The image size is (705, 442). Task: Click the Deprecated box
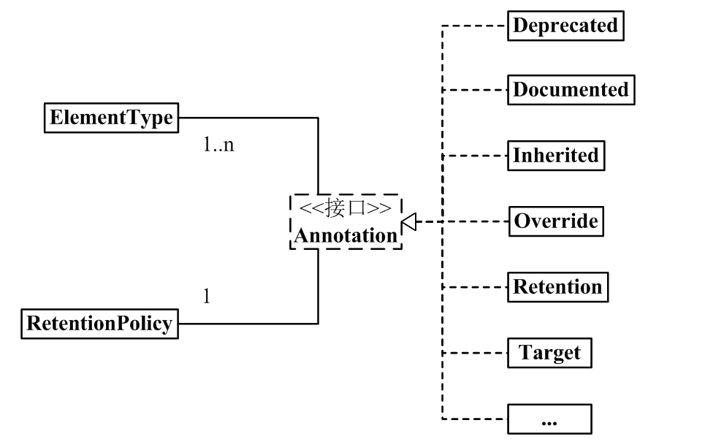tap(565, 26)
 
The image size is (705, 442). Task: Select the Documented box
tap(571, 91)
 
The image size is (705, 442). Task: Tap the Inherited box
tap(555, 156)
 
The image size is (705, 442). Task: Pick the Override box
tap(556, 221)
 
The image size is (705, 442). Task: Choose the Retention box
tap(557, 286)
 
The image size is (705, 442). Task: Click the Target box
tap(549, 353)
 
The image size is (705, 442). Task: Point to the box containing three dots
tap(549, 419)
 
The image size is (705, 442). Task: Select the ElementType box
tap(111, 118)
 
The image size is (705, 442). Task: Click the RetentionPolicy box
tap(99, 323)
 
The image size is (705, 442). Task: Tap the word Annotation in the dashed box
tap(346, 235)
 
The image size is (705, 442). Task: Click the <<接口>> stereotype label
tap(346, 208)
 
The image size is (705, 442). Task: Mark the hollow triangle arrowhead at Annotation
tap(409, 221)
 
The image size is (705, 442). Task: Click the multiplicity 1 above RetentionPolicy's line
tap(206, 297)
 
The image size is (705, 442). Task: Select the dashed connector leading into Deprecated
tap(475, 26)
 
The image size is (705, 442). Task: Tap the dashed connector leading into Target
tap(475, 353)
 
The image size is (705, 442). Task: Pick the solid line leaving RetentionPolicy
tap(248, 323)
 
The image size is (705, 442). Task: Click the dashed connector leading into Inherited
tap(475, 156)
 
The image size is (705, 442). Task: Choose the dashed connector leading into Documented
tap(475, 91)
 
